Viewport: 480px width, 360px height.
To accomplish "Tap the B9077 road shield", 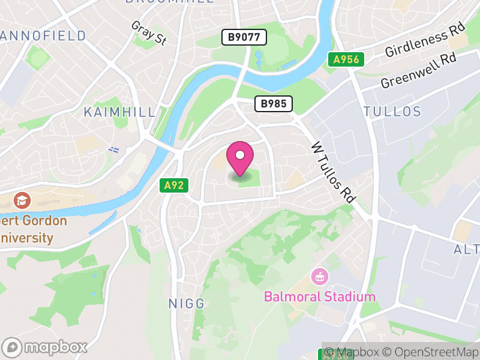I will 244,37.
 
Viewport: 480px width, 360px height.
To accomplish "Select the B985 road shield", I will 274,104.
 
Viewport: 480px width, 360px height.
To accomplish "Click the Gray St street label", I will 148,33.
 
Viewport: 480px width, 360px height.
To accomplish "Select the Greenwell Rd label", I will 418,71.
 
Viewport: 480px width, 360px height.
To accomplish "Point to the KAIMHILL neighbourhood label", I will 119,112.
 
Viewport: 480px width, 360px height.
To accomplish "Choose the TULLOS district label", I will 392,112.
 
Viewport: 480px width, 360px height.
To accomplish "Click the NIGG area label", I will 187,304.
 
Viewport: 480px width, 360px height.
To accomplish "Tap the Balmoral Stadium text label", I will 320,296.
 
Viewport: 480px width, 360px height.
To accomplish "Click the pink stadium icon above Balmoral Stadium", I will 319,277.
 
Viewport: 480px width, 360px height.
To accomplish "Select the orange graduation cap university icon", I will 22,200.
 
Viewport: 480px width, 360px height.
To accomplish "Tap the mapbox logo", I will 46,347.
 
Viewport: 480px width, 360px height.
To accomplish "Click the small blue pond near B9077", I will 259,58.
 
